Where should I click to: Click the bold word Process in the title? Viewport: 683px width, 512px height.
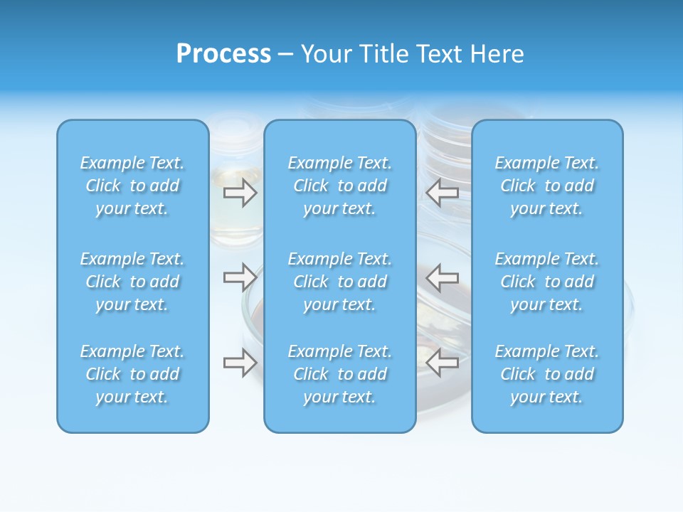(223, 54)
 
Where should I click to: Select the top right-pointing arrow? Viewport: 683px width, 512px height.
(240, 193)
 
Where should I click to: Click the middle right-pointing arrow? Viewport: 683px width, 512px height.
(240, 276)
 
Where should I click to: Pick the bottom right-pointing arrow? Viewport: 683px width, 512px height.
(240, 363)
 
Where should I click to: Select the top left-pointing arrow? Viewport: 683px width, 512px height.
(442, 191)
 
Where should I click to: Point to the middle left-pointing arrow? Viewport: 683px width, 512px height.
(442, 277)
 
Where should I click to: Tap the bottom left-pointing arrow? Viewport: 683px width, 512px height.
(442, 363)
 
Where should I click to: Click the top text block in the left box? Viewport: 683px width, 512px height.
(132, 186)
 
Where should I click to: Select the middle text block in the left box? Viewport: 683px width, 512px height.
(132, 282)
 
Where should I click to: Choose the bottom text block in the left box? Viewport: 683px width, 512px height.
(132, 374)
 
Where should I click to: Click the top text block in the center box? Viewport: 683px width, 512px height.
(340, 186)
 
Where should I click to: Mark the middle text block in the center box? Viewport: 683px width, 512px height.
(340, 282)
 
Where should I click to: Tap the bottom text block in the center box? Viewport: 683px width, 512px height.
(340, 374)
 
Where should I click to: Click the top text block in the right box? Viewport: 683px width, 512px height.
(547, 186)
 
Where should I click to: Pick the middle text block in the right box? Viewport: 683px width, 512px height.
(547, 282)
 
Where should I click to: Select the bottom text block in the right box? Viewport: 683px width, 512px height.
(547, 374)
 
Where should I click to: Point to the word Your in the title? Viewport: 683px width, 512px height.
(325, 54)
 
